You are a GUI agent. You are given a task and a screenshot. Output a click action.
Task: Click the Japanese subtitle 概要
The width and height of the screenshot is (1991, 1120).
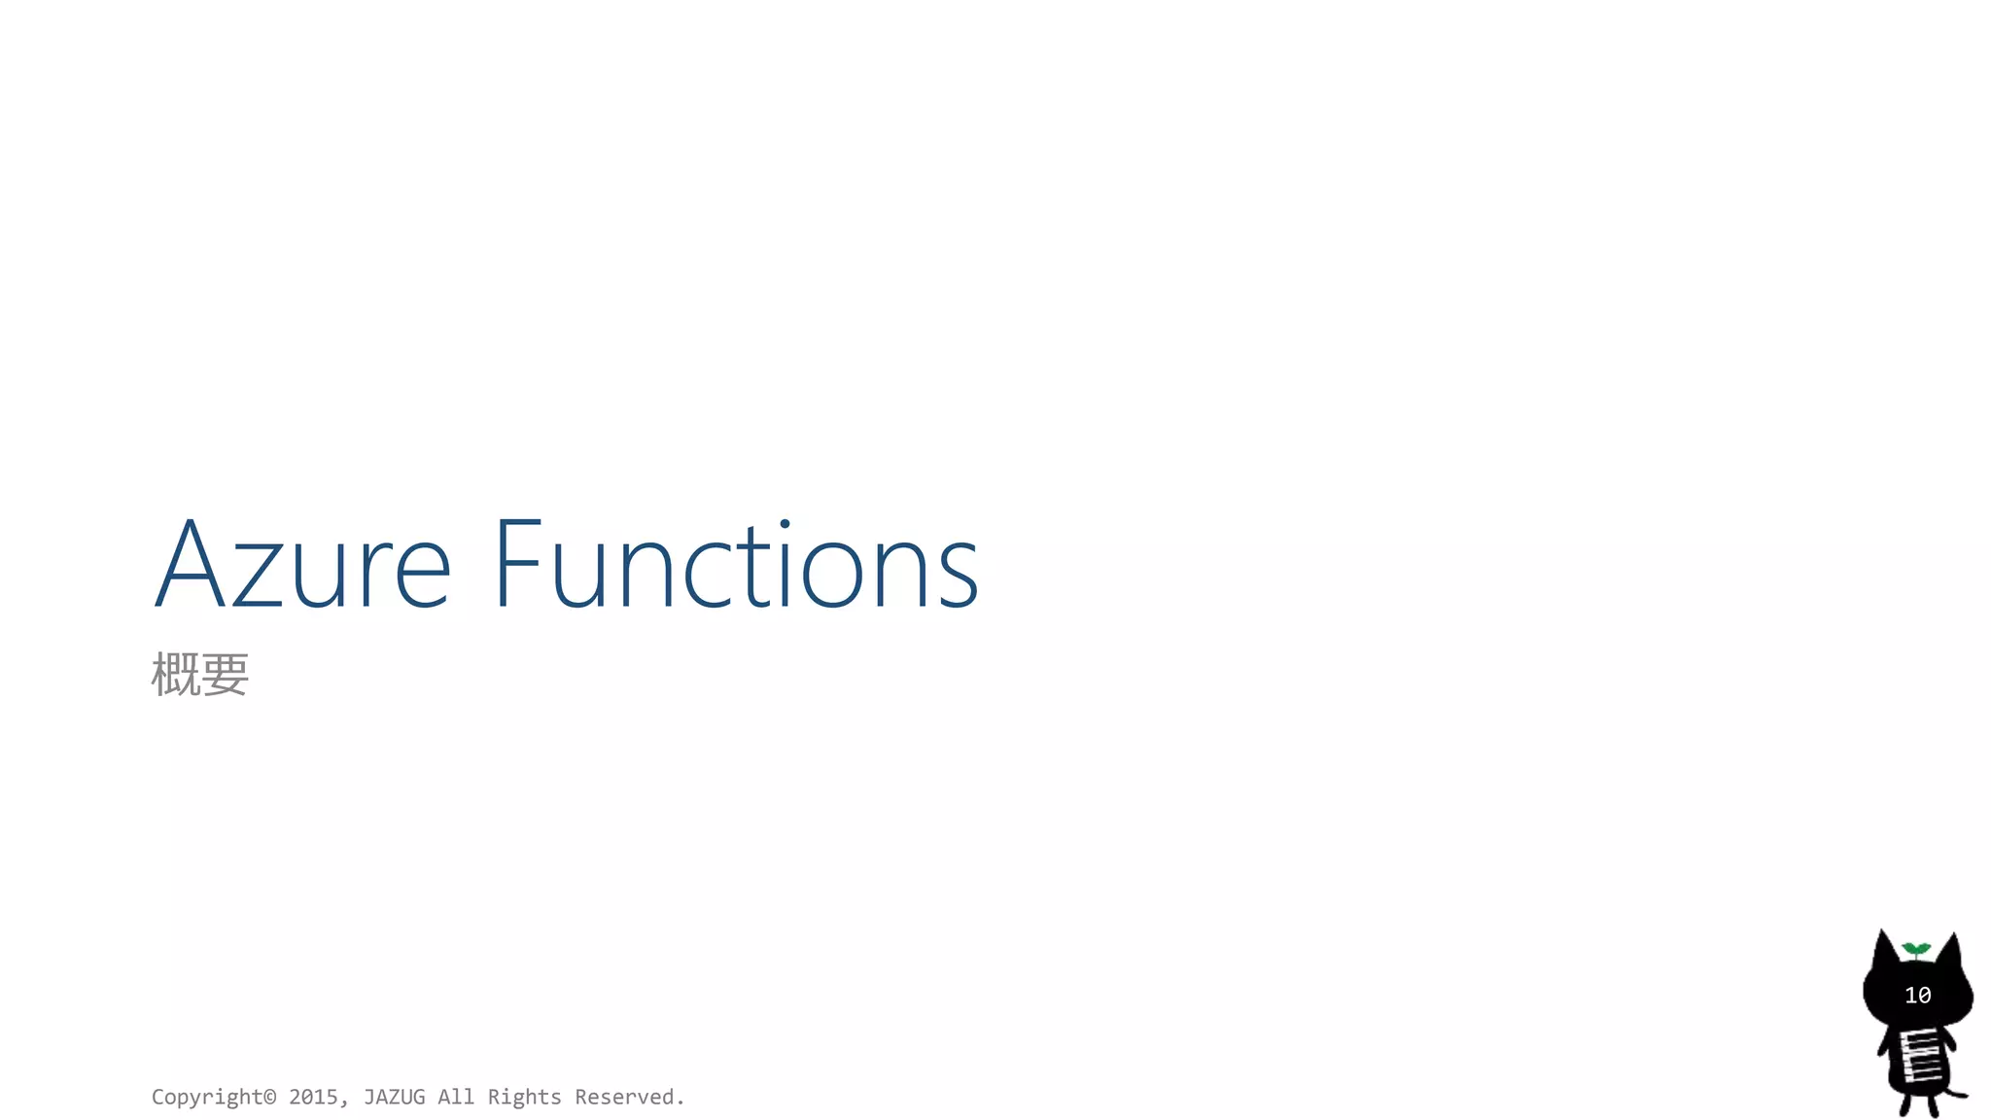[x=200, y=675]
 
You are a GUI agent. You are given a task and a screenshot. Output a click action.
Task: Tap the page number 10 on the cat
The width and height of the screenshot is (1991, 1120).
[x=1917, y=996]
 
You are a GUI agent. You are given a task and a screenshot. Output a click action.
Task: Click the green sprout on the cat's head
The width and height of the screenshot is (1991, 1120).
[x=1916, y=948]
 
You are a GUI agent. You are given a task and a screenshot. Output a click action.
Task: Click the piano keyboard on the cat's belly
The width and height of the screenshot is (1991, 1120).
[x=1920, y=1057]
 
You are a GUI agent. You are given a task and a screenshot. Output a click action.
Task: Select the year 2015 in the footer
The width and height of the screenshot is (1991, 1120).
[x=313, y=1097]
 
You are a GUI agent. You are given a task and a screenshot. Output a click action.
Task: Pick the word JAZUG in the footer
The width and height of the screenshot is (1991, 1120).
[x=394, y=1097]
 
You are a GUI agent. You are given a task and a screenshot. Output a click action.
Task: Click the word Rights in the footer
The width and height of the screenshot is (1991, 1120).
[x=524, y=1097]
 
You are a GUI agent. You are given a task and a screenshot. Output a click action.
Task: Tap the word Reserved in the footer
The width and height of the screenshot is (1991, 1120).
[x=624, y=1097]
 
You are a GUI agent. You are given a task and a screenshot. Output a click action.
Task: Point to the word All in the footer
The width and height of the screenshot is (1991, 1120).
[x=456, y=1097]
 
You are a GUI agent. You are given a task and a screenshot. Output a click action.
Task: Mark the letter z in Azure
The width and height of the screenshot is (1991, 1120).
[x=258, y=577]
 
